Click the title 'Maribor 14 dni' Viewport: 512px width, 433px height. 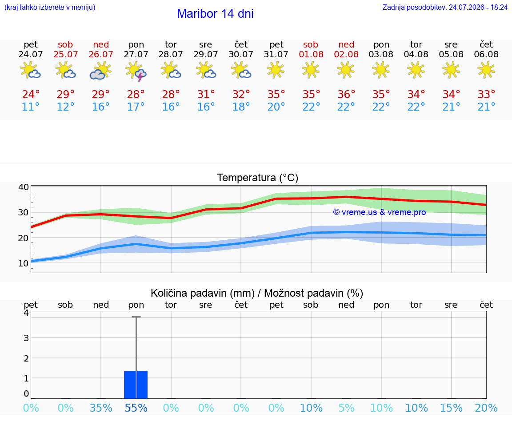(x=215, y=14)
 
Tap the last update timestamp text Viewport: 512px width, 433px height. (x=445, y=7)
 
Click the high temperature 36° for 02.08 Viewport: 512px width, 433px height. (x=346, y=94)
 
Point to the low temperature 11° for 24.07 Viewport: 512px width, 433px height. (x=31, y=107)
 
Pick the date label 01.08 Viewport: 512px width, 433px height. (x=311, y=54)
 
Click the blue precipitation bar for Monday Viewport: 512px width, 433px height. (x=136, y=385)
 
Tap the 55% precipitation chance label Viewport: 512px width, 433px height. (x=136, y=408)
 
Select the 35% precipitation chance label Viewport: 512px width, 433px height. (x=101, y=408)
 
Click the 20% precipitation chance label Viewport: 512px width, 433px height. (x=486, y=408)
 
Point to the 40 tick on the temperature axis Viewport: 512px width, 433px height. (x=24, y=187)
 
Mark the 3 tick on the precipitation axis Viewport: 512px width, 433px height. (x=27, y=338)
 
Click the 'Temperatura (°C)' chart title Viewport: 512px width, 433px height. (x=258, y=178)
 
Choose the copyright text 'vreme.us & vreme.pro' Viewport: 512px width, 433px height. (x=380, y=212)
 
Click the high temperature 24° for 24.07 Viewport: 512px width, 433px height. (x=31, y=94)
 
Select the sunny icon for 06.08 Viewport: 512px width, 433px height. (x=486, y=70)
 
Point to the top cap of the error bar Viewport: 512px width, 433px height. (x=136, y=317)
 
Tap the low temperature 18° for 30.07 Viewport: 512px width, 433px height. (x=241, y=107)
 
